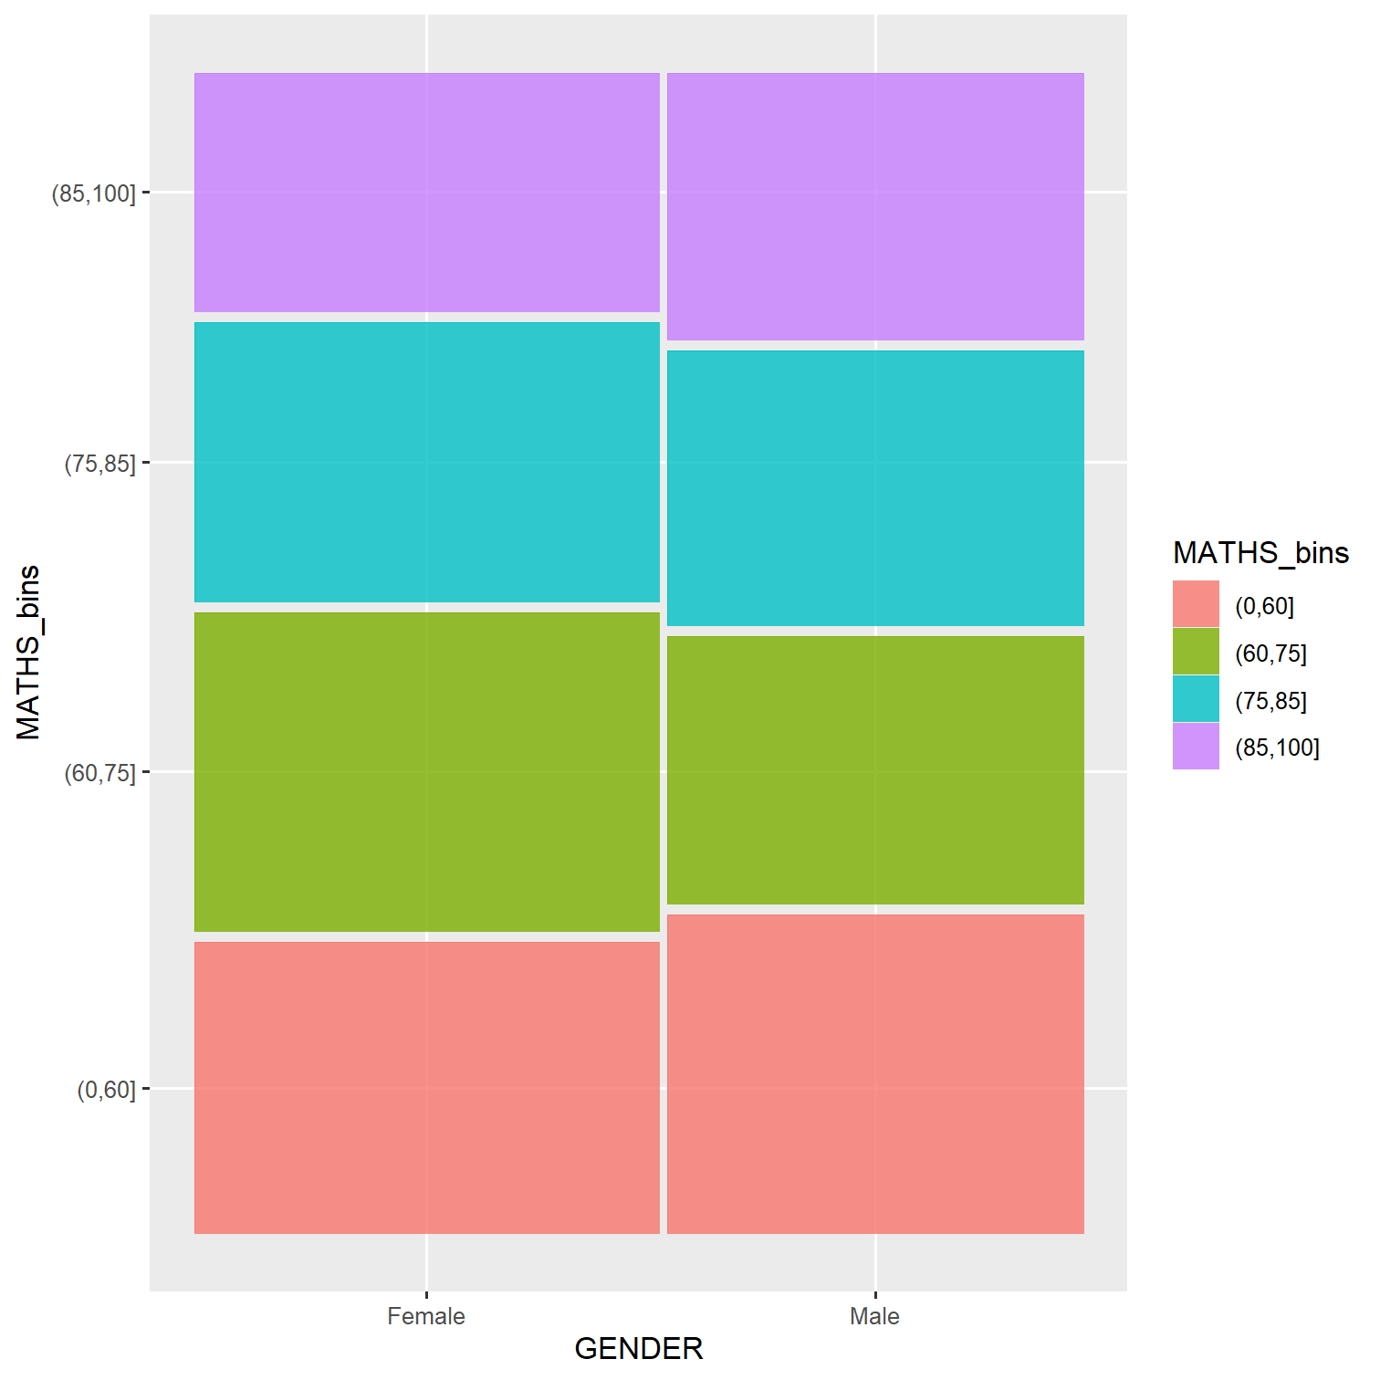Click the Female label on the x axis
point(426,1316)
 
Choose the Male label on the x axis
point(874,1316)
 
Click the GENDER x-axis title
point(639,1349)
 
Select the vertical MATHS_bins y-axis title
point(29,652)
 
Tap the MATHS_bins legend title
point(1260,553)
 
